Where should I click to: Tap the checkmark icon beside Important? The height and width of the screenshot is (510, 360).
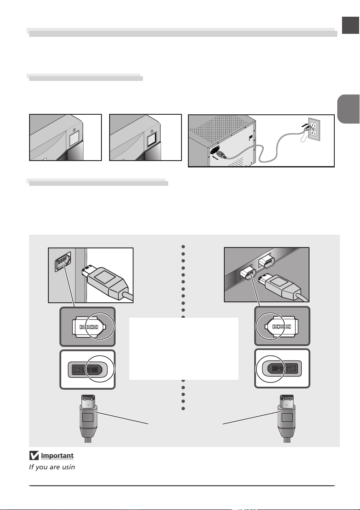coord(34,455)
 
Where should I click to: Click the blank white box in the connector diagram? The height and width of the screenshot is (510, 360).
coord(184,349)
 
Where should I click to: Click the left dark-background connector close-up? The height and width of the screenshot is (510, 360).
coord(87,326)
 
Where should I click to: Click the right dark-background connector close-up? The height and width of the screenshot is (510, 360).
coord(282,326)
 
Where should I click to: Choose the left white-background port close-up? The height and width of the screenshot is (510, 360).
coord(87,369)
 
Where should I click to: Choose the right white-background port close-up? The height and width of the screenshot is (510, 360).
coord(282,369)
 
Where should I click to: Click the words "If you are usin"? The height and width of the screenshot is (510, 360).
coord(52,466)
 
